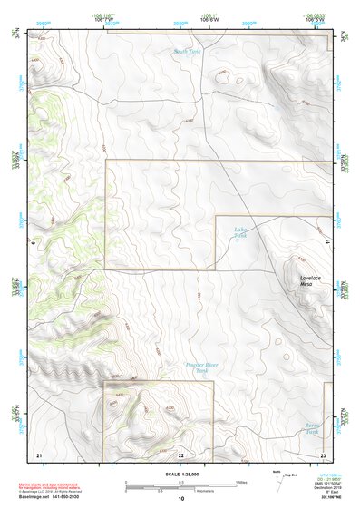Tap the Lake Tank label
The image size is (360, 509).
click(x=240, y=233)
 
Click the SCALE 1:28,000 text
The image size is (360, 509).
click(x=180, y=475)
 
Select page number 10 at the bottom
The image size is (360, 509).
click(x=180, y=499)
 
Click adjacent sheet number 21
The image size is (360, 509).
click(x=39, y=454)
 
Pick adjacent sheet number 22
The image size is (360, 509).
click(x=180, y=454)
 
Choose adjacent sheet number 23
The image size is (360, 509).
click(x=323, y=454)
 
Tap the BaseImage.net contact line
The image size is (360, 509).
click(x=63, y=497)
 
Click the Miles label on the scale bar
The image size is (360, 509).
click(x=242, y=481)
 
